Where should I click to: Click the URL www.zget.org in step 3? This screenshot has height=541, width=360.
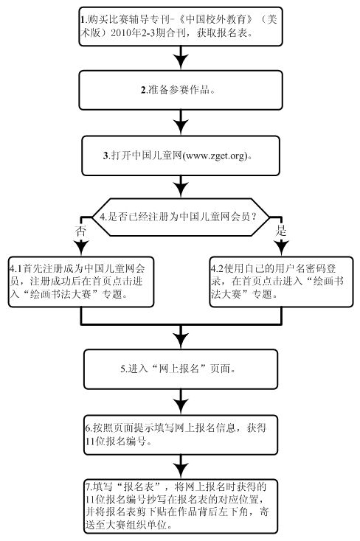pyautogui.click(x=215, y=156)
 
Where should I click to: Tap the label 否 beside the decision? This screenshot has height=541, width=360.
pyautogui.click(x=80, y=231)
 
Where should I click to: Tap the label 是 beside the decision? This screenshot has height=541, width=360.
pyautogui.click(x=281, y=231)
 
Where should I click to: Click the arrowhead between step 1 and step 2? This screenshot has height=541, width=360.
pyautogui.click(x=181, y=61)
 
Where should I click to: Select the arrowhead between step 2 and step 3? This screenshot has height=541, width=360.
pyautogui.click(x=181, y=126)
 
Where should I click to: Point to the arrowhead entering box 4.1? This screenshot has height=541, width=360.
pyautogui.click(x=81, y=248)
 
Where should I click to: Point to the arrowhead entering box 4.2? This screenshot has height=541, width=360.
pyautogui.click(x=282, y=248)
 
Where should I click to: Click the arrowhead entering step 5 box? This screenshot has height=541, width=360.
pyautogui.click(x=181, y=340)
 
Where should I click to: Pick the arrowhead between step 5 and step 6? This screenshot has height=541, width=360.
pyautogui.click(x=181, y=405)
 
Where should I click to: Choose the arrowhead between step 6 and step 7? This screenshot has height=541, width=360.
pyautogui.click(x=181, y=470)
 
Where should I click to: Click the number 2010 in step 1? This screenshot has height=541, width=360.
pyautogui.click(x=120, y=33)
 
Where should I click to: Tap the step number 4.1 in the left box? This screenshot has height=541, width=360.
pyautogui.click(x=16, y=268)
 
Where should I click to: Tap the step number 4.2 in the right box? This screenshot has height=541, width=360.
pyautogui.click(x=218, y=268)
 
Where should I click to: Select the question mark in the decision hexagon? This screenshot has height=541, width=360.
pyautogui.click(x=254, y=217)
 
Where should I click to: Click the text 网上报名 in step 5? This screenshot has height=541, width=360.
pyautogui.click(x=179, y=369)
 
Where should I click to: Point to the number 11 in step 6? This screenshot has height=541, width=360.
pyautogui.click(x=90, y=441)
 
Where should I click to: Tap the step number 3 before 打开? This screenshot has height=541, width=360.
pyautogui.click(x=105, y=156)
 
